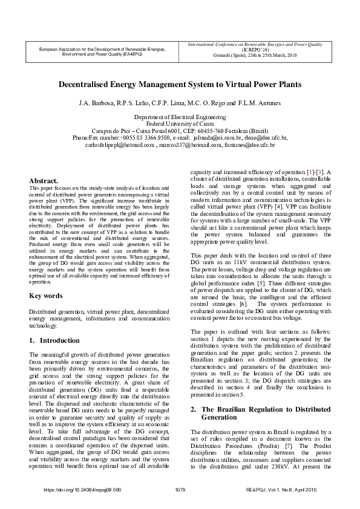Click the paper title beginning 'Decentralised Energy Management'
coord(180,85)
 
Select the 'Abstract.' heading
coord(44,181)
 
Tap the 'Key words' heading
coord(46,296)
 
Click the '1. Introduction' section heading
coord(54,340)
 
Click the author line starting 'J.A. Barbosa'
coord(180,103)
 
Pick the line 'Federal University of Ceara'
coord(180,123)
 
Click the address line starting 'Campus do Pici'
coord(180,131)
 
